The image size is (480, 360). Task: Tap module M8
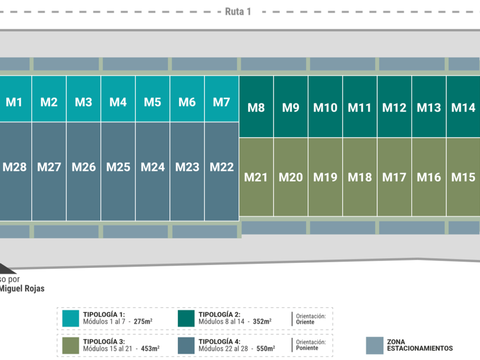[256, 107]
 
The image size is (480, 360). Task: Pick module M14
[463, 107]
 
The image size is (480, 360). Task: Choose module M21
[256, 177]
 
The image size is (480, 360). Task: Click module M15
[463, 177]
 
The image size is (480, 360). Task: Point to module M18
[359, 177]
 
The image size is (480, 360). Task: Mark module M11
[359, 107]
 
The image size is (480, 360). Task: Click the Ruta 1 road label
[238, 11]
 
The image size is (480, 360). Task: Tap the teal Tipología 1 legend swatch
[71, 318]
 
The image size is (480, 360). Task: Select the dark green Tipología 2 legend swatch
[186, 318]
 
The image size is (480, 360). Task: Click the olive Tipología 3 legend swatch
[71, 345]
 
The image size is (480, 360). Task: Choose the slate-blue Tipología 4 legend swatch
[186, 345]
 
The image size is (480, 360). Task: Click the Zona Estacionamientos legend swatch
[374, 345]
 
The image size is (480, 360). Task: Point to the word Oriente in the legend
[305, 322]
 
